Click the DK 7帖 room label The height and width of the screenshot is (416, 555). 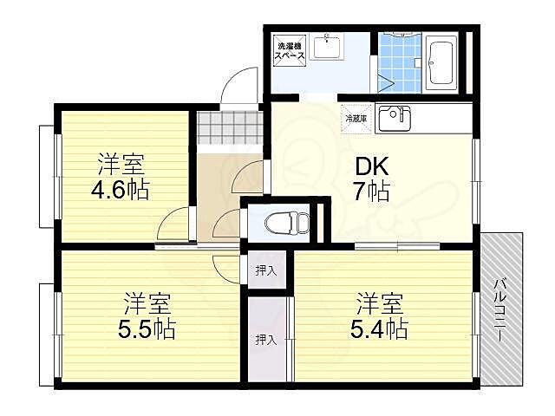coord(372,178)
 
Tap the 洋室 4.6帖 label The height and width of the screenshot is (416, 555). coord(121,176)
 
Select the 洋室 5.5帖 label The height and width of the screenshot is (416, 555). coord(147,315)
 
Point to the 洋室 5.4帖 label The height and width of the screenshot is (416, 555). coord(379,315)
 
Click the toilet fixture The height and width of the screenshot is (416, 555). coord(287,222)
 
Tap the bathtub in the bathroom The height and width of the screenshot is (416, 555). coord(441,62)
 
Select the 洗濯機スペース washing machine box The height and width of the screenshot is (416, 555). coord(290,50)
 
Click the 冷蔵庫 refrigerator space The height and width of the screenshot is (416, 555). coord(356,119)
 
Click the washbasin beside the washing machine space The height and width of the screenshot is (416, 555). coord(327,47)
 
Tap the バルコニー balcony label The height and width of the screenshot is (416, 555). coord(499,310)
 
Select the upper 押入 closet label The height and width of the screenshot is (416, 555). coord(266,271)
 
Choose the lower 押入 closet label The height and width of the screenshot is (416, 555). coord(266,340)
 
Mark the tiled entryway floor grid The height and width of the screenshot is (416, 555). coord(229,127)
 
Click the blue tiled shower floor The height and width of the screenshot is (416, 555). coord(399,62)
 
